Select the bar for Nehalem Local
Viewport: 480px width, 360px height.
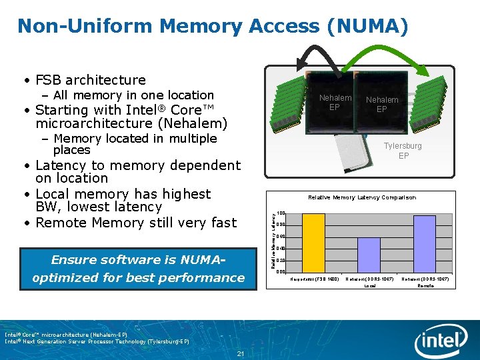click(369, 254)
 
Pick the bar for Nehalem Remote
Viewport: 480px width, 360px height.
click(425, 243)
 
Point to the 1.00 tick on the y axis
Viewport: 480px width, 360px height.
click(281, 213)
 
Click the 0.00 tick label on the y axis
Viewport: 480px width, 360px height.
click(281, 272)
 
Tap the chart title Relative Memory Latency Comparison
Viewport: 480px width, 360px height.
click(361, 197)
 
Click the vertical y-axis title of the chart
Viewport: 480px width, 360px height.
click(273, 240)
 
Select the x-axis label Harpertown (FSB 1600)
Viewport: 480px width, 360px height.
click(315, 279)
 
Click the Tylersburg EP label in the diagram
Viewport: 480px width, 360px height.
click(403, 151)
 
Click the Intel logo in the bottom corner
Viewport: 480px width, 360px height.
click(440, 341)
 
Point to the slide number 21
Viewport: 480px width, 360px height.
click(240, 353)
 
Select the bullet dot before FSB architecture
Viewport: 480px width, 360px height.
click(25, 80)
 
